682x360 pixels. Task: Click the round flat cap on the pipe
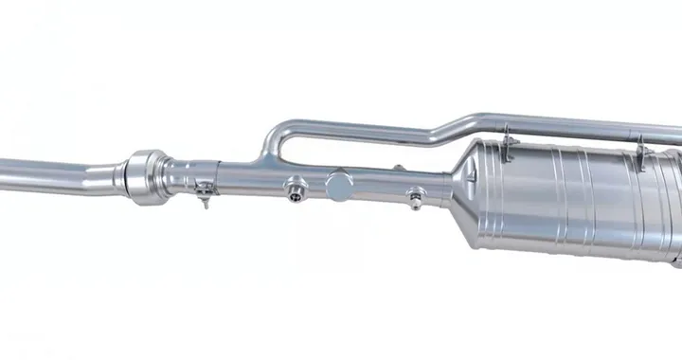pos(338,184)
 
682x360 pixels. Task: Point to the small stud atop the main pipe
pos(399,168)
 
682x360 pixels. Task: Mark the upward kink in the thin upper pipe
pos(445,128)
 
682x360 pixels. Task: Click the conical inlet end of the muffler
pos(464,185)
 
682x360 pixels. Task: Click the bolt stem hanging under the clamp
pos(203,201)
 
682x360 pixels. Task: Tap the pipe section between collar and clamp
pos(180,174)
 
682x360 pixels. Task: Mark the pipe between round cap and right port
pos(379,185)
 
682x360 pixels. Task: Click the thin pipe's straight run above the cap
pos(350,129)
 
